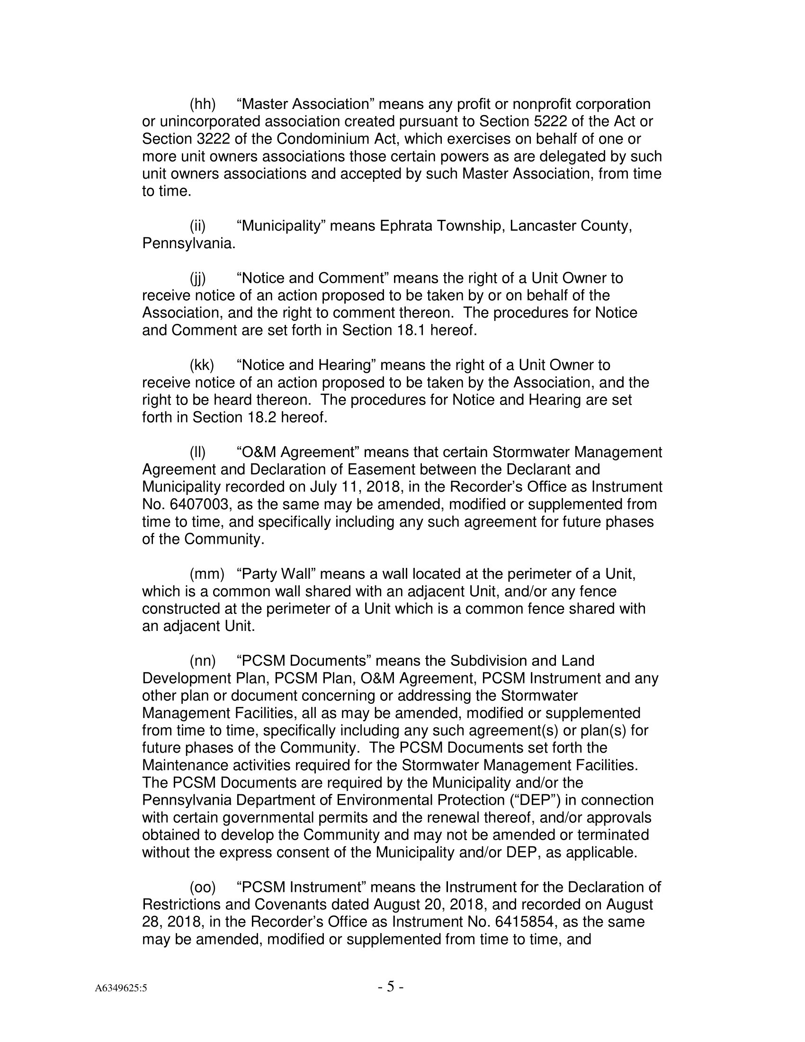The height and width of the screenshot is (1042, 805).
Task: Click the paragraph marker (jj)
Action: pyautogui.click(x=198, y=278)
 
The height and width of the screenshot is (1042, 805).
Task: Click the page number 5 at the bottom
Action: pyautogui.click(x=390, y=986)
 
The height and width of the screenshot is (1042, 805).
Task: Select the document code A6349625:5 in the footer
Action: pyautogui.click(x=121, y=988)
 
